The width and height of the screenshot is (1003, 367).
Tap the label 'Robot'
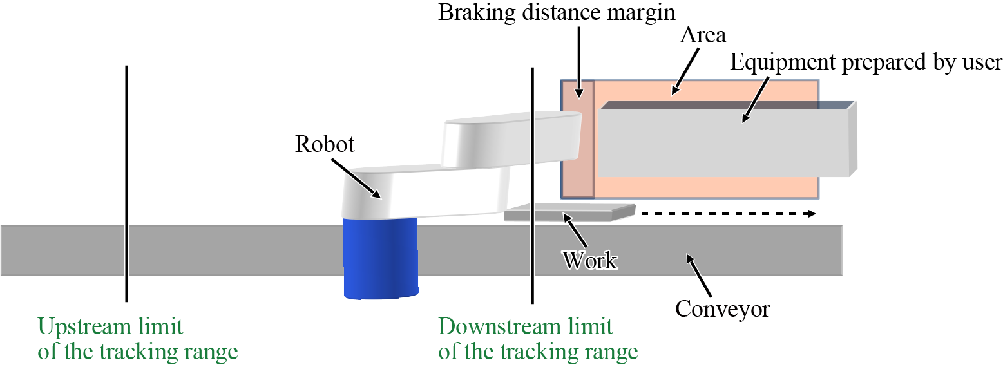[x=325, y=144]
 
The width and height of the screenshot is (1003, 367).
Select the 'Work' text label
[x=589, y=260]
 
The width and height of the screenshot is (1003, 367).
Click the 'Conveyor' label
[x=722, y=309]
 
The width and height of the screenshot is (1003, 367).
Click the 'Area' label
[x=703, y=35]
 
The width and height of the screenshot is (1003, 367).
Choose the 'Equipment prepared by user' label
[x=866, y=62]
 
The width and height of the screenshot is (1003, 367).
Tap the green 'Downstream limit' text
[x=526, y=326]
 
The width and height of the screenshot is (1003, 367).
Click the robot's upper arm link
[x=512, y=138]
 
